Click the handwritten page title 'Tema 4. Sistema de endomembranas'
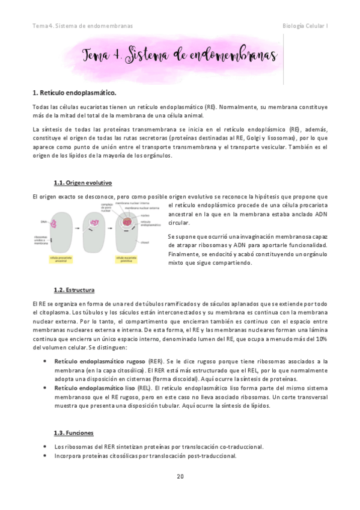pyautogui.click(x=179, y=57)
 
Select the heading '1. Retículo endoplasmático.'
pyautogui.click(x=74, y=93)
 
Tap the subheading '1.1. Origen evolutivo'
pyautogui.click(x=83, y=182)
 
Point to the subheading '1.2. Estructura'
pyautogui.click(x=74, y=290)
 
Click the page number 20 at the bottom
pyautogui.click(x=180, y=476)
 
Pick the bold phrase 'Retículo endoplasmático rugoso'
pyautogui.click(x=99, y=361)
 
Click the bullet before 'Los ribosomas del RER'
pyautogui.click(x=46, y=447)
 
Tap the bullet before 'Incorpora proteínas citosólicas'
pyautogui.click(x=46, y=455)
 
